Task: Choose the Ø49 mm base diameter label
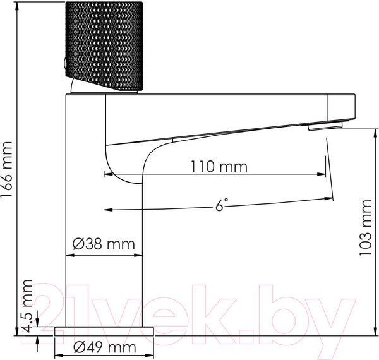click(104, 347)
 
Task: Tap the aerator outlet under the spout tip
click(323, 126)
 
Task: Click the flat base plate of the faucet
click(105, 331)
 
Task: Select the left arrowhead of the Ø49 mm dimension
click(59, 347)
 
